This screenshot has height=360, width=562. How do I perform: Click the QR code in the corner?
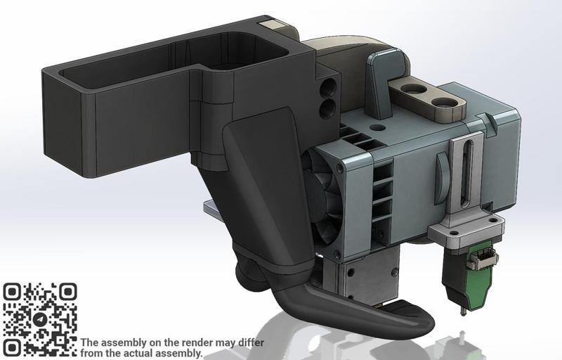pyautogui.click(x=40, y=319)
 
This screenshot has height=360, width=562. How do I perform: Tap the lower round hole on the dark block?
pyautogui.click(x=327, y=108)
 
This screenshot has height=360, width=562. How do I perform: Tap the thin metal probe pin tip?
pyautogui.click(x=462, y=311)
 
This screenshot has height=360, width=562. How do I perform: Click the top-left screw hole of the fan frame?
pyautogui.click(x=341, y=169)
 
